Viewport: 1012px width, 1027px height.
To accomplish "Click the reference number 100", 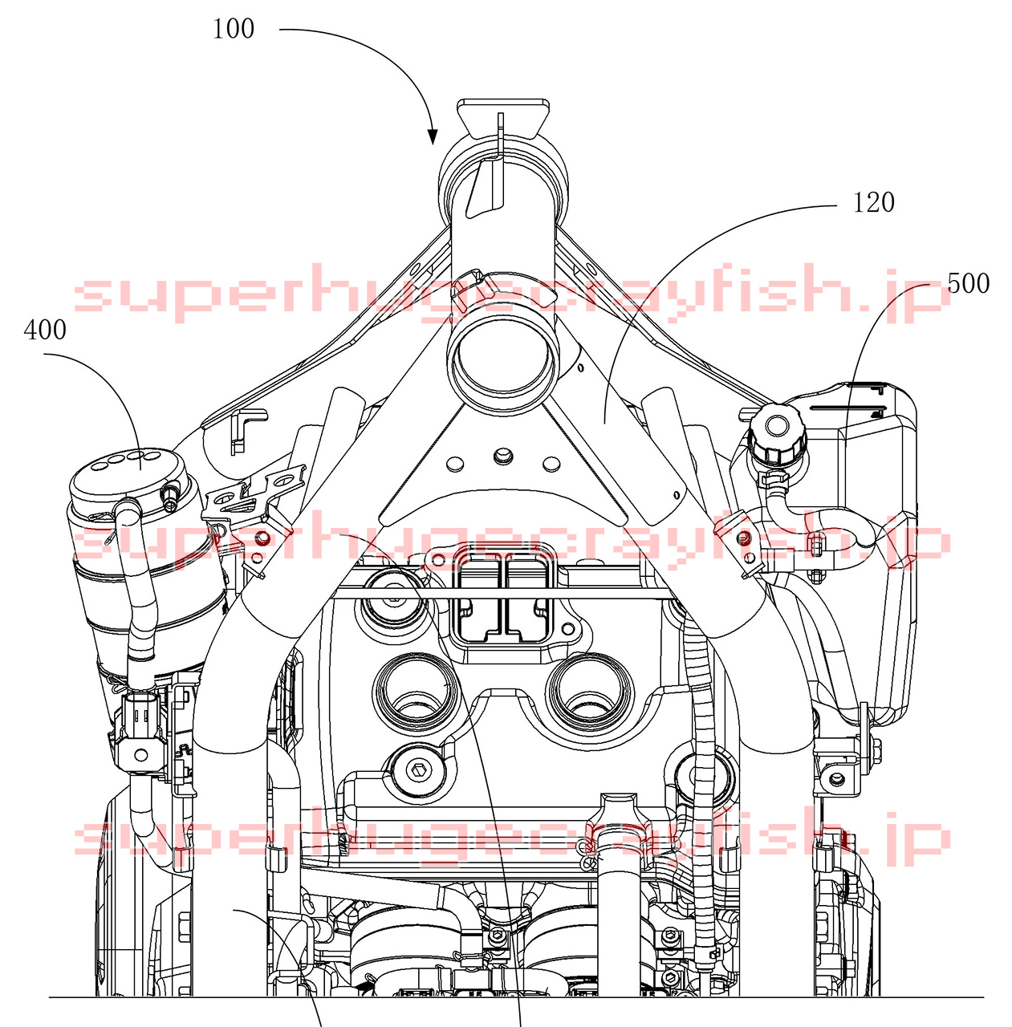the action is pyautogui.click(x=233, y=29).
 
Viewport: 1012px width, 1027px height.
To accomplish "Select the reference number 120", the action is pyautogui.click(x=873, y=202).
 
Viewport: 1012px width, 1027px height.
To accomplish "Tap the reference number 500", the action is pyautogui.click(x=969, y=283).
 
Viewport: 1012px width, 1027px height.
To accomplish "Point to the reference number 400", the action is pyautogui.click(x=45, y=330).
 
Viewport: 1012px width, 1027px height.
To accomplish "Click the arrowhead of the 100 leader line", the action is pyautogui.click(x=433, y=137).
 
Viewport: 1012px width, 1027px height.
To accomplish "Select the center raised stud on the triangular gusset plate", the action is pyautogui.click(x=502, y=457).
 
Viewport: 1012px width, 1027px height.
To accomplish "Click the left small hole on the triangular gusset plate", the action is pyautogui.click(x=455, y=464).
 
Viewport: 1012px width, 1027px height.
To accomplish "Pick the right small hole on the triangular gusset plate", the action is pyautogui.click(x=551, y=464).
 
